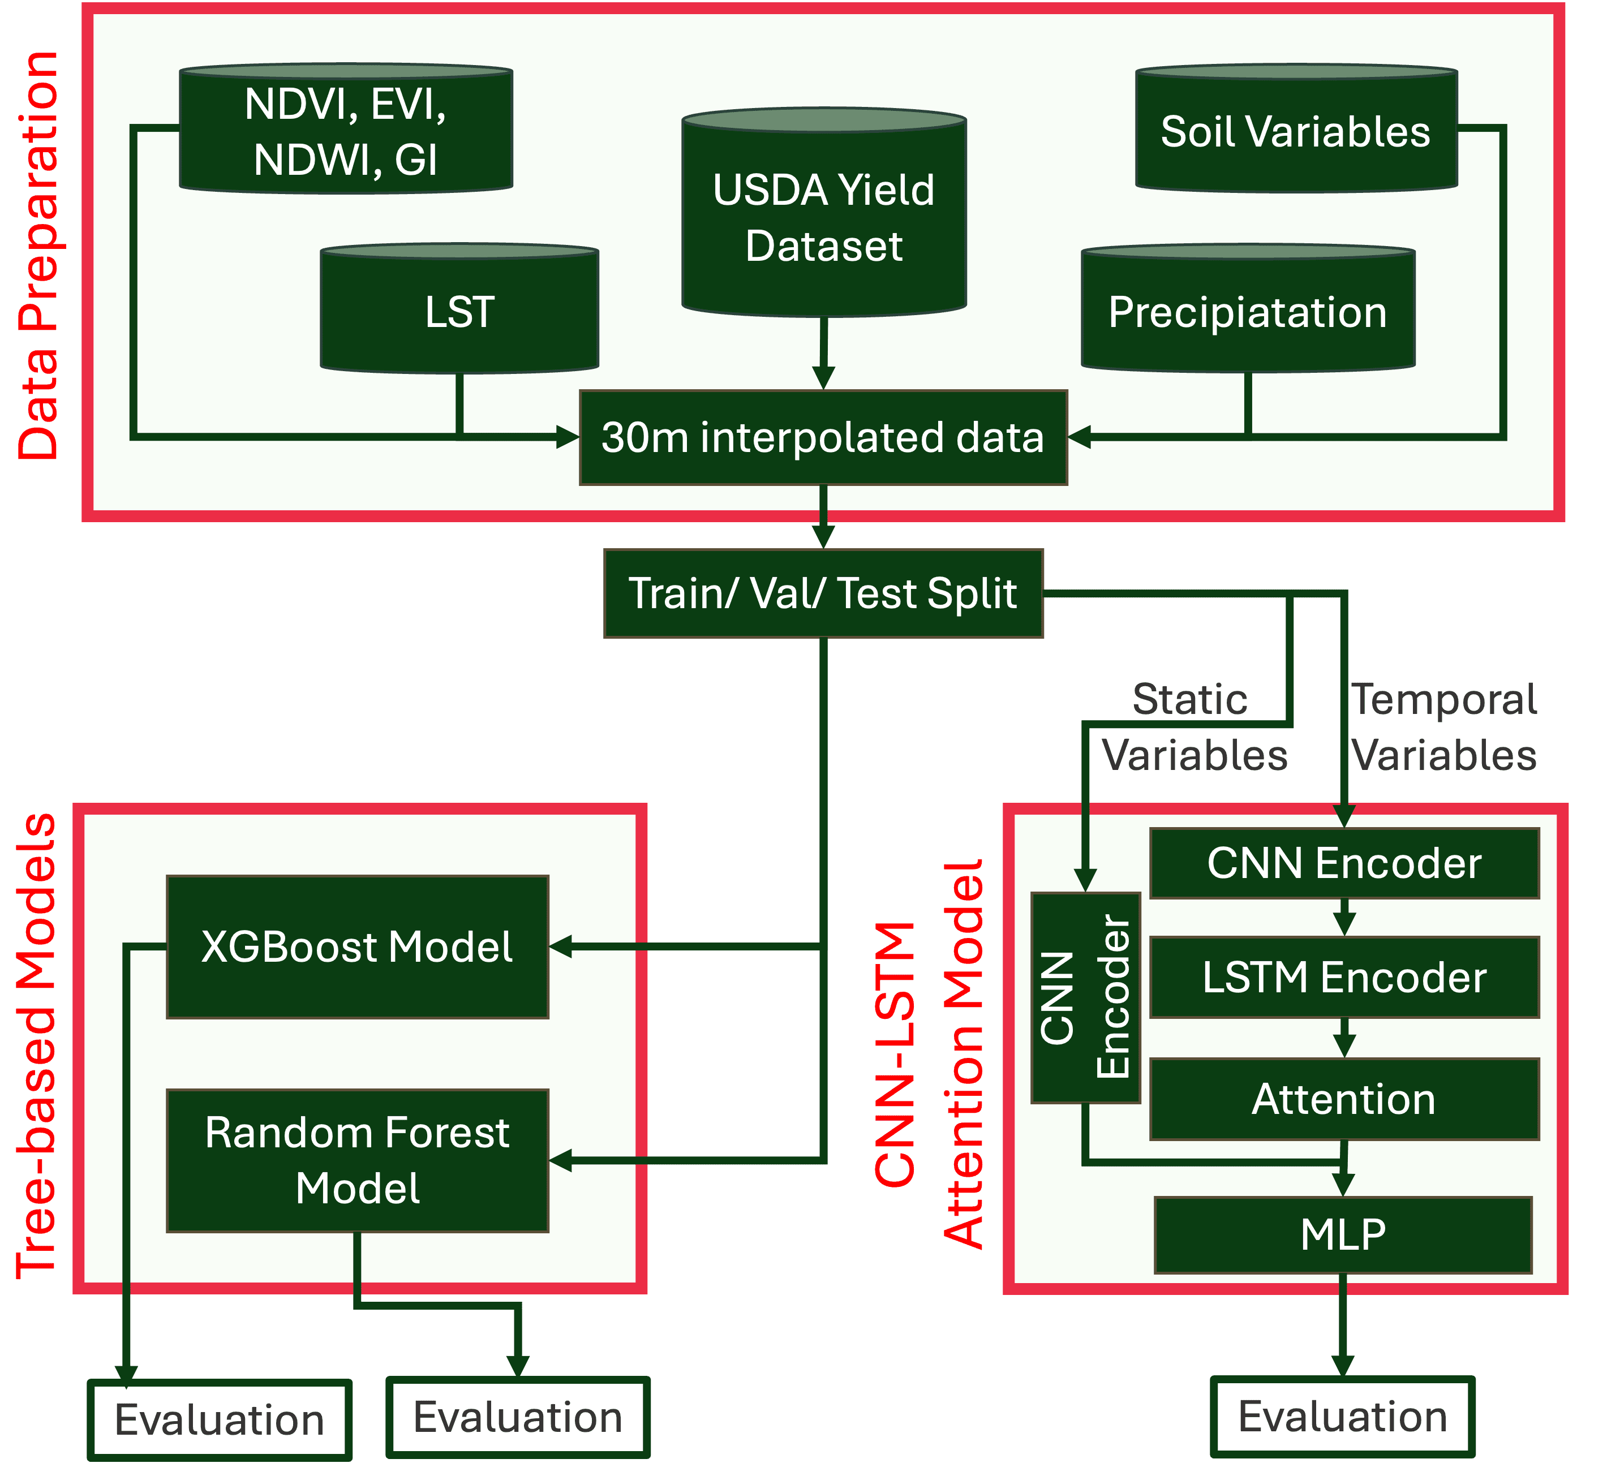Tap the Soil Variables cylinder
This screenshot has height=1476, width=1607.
1296,131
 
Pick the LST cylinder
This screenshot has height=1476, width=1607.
459,312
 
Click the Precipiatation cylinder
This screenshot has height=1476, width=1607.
1248,312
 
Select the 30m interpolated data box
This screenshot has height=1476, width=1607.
823,438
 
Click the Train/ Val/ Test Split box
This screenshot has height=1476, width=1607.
823,593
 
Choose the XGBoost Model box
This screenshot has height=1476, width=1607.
357,947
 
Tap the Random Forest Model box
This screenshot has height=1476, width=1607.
357,1160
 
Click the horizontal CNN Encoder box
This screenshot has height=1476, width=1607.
1344,863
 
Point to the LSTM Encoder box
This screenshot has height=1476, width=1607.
1344,978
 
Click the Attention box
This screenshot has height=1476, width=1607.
1344,1099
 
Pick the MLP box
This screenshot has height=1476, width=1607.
1343,1235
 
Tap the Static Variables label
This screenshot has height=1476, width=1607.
1193,727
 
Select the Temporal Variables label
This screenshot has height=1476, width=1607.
1443,727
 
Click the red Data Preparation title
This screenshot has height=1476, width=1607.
40,256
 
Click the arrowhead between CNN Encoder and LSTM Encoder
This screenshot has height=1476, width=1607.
1344,924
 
